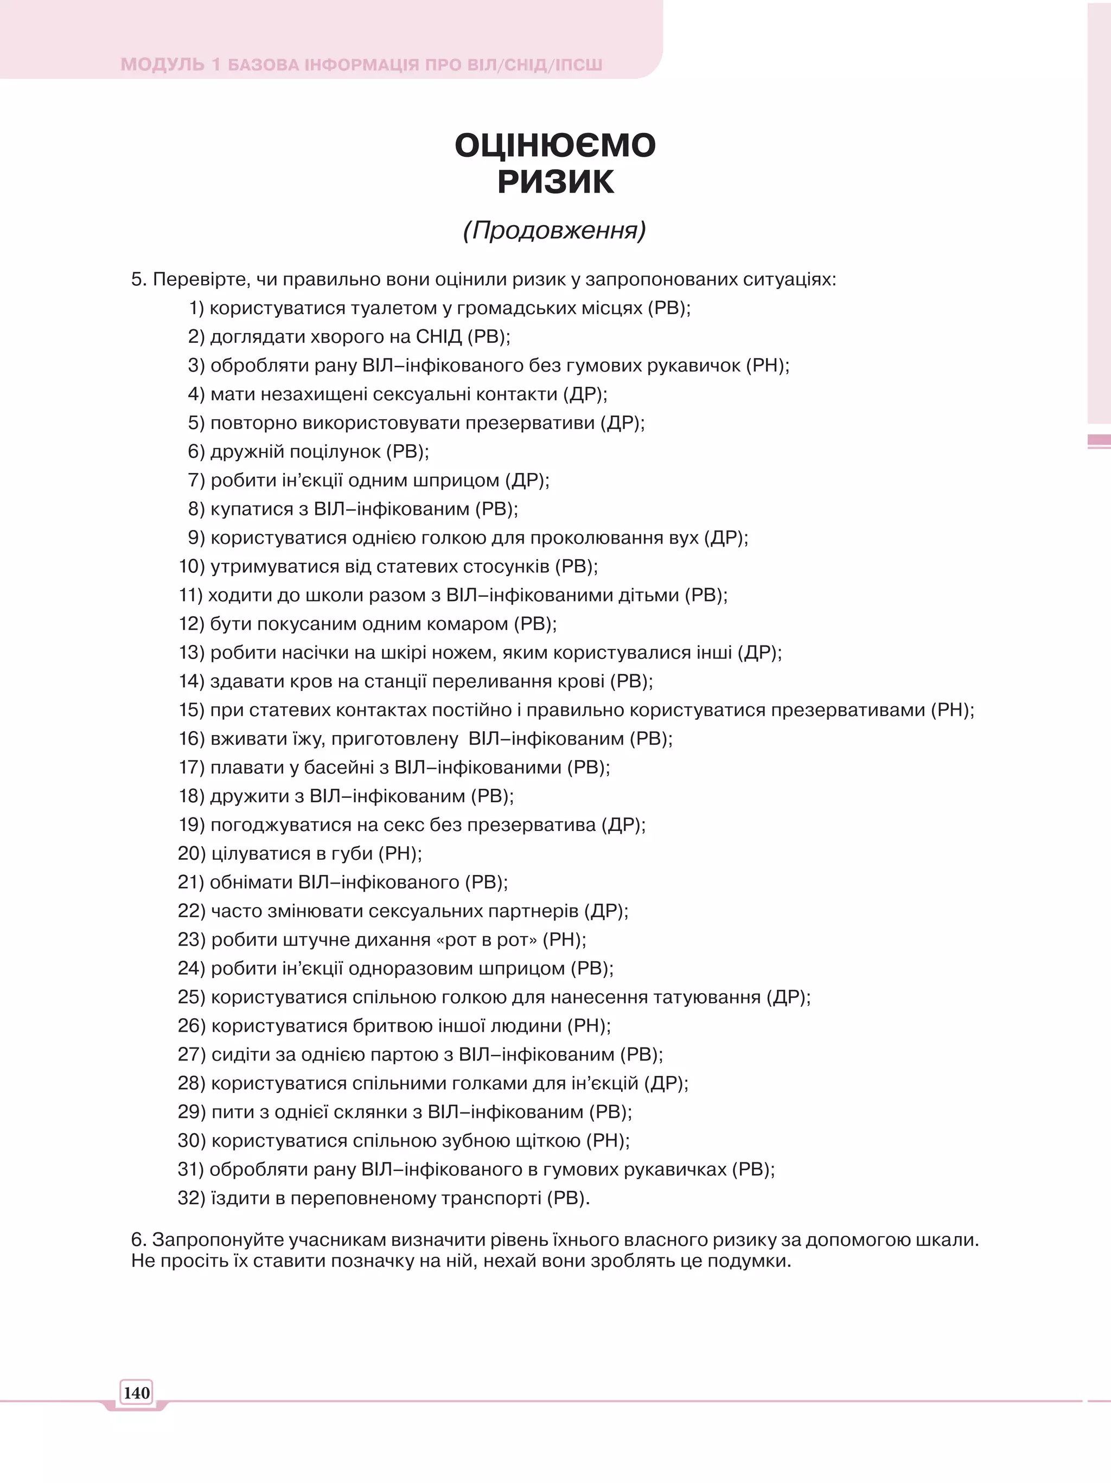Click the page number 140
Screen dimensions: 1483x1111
[136, 1392]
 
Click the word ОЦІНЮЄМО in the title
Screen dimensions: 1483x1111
[555, 145]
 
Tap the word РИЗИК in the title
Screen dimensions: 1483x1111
[555, 182]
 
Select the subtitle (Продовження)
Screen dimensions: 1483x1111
[554, 230]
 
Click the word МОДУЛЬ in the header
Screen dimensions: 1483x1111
[162, 65]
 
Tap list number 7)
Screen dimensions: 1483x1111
[196, 480]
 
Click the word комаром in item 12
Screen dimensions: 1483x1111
[469, 623]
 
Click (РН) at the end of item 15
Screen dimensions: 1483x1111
[952, 709]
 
